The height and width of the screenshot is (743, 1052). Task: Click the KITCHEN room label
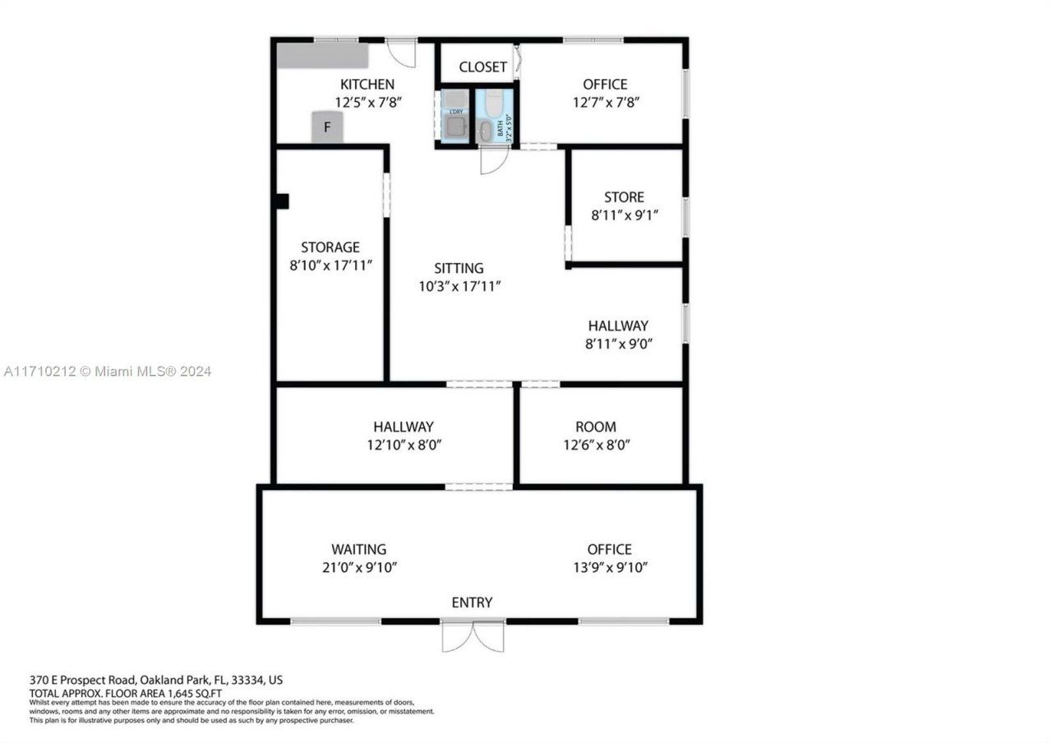(367, 84)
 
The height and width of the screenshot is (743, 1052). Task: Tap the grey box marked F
(327, 128)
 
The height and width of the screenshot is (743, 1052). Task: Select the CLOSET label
(482, 67)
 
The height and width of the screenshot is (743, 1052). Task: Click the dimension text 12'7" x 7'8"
(605, 103)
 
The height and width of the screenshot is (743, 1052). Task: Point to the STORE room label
(624, 197)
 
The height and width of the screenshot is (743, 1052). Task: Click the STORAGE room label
(330, 247)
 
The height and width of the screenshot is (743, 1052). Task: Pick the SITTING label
(459, 268)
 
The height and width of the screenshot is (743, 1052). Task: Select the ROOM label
(595, 427)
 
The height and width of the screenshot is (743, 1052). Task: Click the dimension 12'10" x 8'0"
(403, 445)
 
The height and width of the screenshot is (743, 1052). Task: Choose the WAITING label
(358, 549)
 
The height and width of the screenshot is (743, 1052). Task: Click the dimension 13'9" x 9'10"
(610, 568)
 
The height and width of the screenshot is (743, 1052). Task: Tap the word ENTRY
(472, 602)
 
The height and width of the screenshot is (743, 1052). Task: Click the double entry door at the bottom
(473, 636)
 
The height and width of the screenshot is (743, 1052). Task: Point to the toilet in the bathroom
(494, 103)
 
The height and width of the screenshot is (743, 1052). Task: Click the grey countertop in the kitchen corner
(322, 56)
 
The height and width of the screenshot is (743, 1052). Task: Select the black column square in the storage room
(282, 201)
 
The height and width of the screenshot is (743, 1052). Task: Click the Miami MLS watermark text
(107, 371)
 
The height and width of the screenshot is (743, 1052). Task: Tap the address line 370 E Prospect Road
(156, 681)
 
